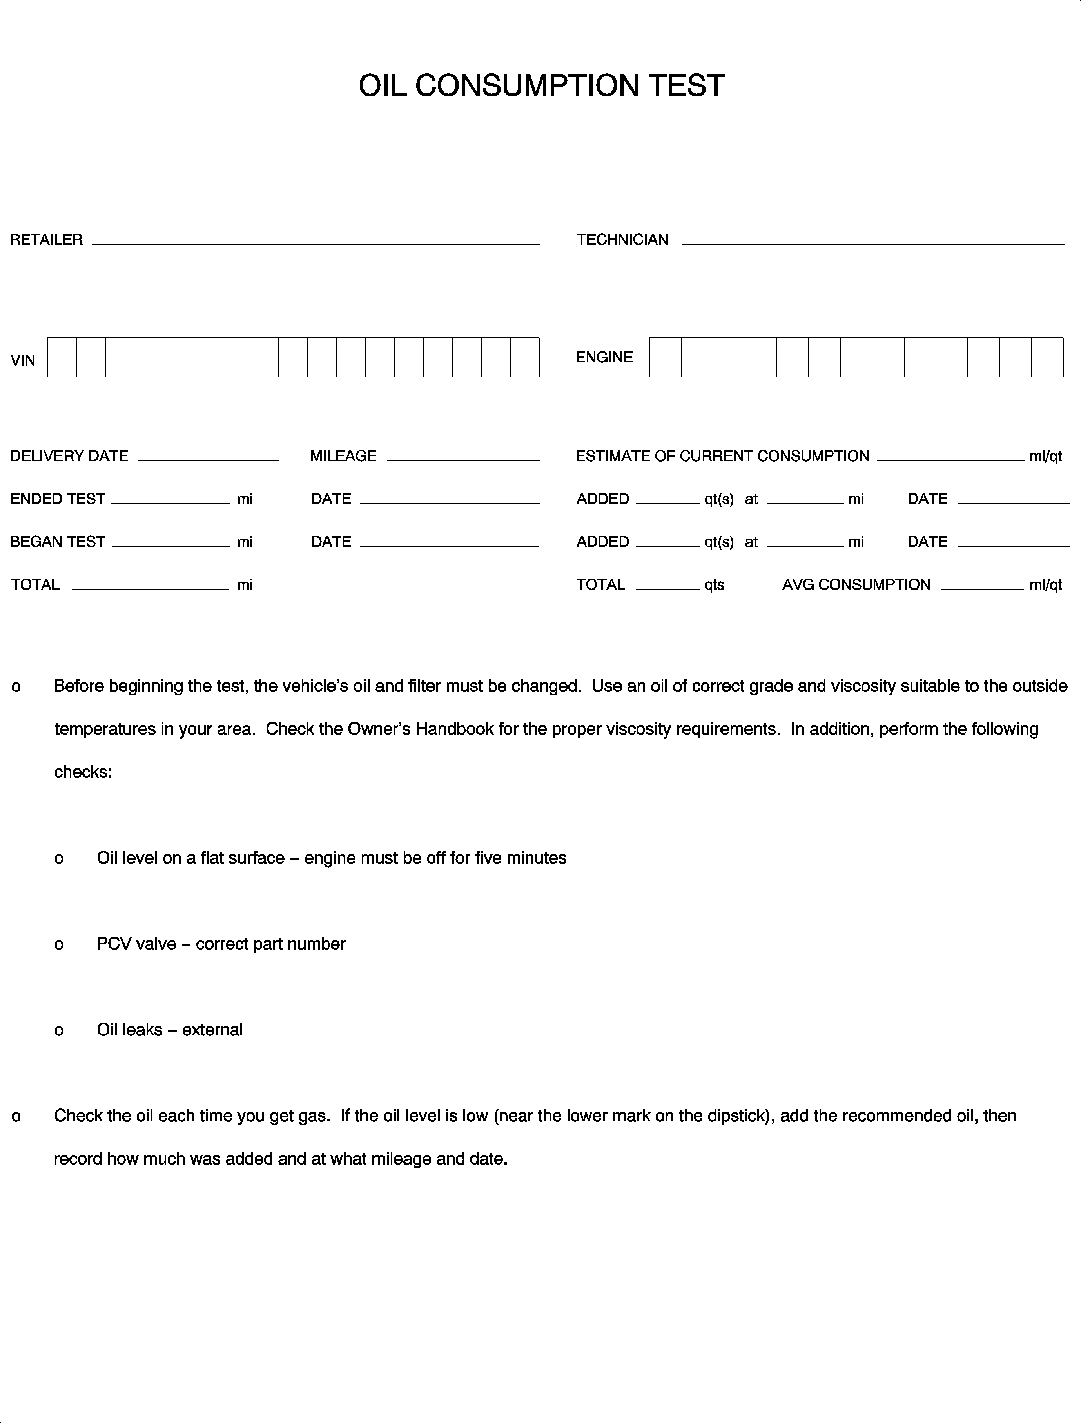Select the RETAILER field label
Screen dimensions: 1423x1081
click(46, 240)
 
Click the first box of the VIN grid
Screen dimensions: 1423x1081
click(62, 357)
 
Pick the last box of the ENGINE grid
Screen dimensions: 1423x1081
click(1047, 357)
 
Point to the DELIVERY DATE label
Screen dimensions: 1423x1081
click(69, 456)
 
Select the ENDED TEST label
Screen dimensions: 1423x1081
click(57, 499)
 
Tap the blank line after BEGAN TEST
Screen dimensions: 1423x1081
click(170, 544)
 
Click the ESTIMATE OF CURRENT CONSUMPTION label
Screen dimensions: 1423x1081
click(722, 456)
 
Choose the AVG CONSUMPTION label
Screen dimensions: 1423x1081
click(856, 585)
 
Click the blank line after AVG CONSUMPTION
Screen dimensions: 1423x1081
click(981, 587)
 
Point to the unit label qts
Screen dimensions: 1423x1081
click(714, 585)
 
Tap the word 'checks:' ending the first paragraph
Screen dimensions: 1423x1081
click(83, 772)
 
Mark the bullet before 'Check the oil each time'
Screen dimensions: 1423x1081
click(16, 1117)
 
